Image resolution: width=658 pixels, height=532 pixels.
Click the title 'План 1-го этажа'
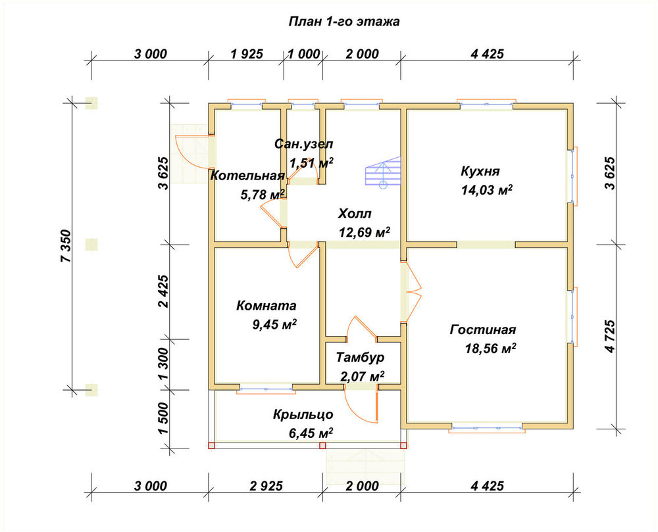point(344,22)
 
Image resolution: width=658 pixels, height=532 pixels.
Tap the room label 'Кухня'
point(480,172)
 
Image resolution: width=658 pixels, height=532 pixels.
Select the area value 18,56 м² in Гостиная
point(491,349)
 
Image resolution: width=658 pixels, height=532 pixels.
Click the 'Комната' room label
point(266,305)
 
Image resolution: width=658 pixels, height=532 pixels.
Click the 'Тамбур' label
point(360,357)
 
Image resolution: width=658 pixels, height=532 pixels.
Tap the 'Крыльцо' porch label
point(303,414)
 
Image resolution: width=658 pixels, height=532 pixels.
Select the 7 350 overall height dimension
point(66,246)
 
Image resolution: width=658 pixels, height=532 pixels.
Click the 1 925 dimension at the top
point(247,54)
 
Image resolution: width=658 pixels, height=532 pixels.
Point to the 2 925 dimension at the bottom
point(266,486)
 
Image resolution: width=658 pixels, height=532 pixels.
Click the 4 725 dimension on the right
point(610,336)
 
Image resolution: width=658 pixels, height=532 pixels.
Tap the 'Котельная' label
point(247,176)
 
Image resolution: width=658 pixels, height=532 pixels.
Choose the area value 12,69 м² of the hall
point(365,232)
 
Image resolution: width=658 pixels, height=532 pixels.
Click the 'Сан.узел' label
point(304,144)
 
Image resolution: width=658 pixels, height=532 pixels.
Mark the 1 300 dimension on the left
point(164,364)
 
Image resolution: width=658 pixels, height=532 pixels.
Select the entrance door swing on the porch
point(361,405)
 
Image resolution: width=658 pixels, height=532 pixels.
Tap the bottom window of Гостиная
point(487,427)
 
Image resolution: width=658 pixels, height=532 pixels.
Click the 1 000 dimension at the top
point(304,54)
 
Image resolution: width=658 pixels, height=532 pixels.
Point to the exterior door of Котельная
point(191,151)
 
